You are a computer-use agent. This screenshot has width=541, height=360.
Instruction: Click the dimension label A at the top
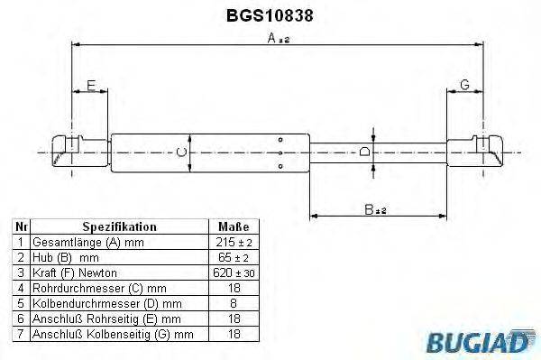[x=271, y=39]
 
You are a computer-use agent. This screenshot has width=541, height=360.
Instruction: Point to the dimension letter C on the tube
[x=180, y=152]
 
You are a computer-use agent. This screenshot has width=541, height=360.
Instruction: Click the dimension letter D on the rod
[x=365, y=152]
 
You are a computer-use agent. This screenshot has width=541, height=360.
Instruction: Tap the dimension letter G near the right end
[x=464, y=86]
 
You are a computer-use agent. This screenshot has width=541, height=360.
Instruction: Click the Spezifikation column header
[x=120, y=227]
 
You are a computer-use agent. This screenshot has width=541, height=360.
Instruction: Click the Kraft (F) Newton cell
[x=75, y=272]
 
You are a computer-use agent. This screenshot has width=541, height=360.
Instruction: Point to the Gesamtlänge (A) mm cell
[x=88, y=243]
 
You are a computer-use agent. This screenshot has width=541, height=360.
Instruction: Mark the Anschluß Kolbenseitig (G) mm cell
[x=113, y=334]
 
